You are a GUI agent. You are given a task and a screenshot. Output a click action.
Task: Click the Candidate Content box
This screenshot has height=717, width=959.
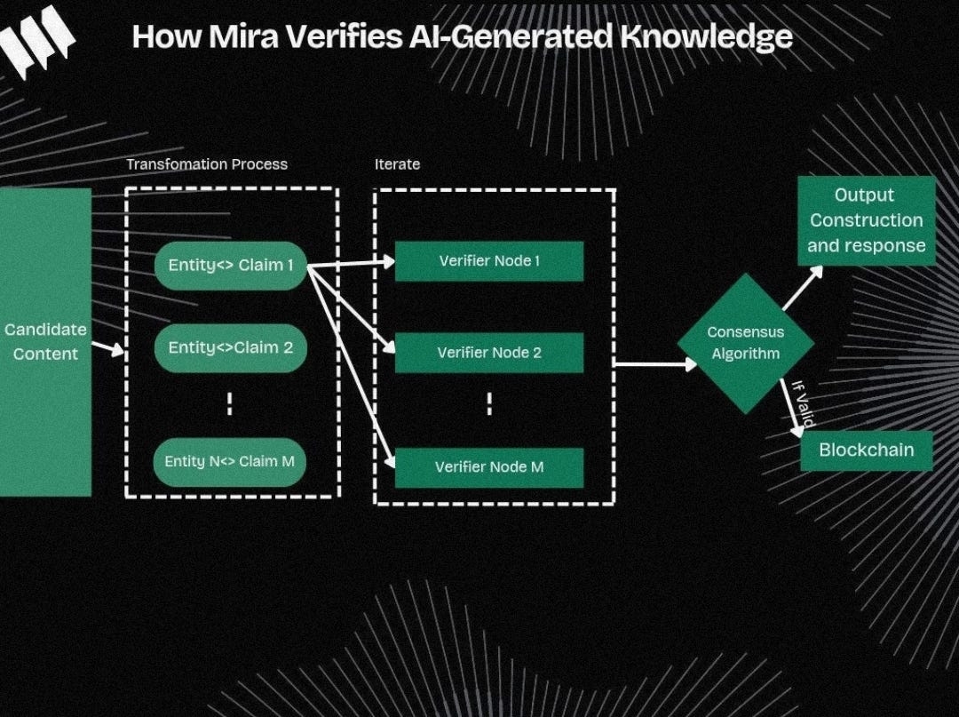pos(45,341)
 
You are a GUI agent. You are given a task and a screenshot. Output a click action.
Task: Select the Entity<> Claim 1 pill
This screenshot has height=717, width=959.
pos(231,265)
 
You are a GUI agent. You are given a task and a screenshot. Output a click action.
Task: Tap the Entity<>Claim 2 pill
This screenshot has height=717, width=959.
pos(231,347)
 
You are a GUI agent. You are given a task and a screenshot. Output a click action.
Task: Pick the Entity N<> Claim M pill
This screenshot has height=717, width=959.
pos(230,462)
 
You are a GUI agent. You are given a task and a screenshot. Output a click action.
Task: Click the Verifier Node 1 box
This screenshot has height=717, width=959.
pos(488,261)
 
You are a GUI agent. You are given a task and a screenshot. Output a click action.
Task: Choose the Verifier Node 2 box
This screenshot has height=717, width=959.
pos(488,353)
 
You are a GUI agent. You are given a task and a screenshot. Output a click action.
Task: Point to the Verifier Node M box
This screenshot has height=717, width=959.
pos(488,467)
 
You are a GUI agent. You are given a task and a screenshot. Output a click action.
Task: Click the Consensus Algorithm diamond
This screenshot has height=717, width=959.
pos(745,343)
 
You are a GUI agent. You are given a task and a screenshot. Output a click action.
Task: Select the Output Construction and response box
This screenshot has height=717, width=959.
pos(866,220)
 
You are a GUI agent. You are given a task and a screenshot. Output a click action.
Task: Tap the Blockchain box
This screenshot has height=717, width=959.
pos(866,450)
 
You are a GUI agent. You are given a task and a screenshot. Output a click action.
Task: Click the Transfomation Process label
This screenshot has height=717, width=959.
pos(207,164)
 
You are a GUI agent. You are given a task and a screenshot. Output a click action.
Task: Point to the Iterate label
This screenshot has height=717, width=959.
pos(397,164)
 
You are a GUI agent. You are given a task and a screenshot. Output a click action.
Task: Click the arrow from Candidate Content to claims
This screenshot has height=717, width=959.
pos(107,348)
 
